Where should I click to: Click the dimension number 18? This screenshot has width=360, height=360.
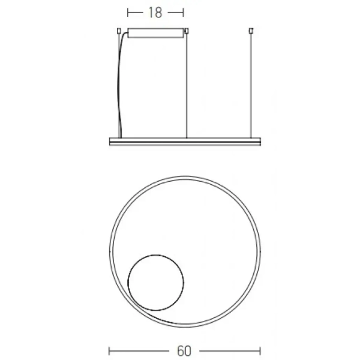[155, 13]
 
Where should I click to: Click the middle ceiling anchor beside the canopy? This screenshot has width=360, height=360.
[187, 30]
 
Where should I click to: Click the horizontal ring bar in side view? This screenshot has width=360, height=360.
[185, 141]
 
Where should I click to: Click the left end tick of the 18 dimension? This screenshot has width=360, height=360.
[128, 13]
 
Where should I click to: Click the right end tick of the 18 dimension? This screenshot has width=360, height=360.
[183, 13]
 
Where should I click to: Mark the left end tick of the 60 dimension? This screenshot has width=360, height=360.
[110, 350]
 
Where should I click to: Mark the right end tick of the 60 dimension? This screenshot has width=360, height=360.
[260, 350]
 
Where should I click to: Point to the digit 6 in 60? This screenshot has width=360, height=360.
[180, 350]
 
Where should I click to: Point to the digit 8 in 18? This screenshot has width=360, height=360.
[159, 13]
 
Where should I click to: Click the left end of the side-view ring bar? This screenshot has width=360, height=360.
[111, 141]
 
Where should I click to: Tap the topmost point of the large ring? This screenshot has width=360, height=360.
[185, 178]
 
